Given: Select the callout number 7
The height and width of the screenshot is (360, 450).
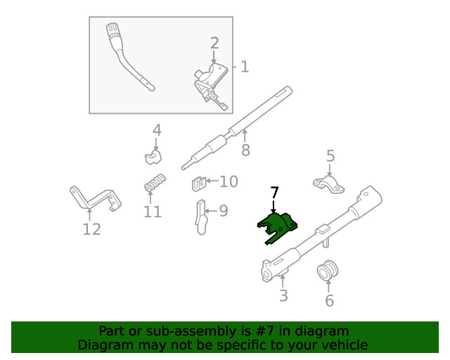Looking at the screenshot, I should click(x=274, y=193).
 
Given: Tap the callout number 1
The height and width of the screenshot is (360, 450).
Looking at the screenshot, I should click(x=245, y=67).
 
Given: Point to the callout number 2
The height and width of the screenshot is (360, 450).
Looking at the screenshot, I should click(x=214, y=44).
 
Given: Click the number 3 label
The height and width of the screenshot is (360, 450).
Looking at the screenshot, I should click(x=283, y=295).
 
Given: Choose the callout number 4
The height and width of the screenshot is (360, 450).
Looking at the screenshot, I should click(x=157, y=130).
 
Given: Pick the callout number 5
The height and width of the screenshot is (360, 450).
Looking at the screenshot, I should click(x=330, y=157).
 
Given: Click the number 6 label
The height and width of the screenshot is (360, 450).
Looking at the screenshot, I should click(x=329, y=301).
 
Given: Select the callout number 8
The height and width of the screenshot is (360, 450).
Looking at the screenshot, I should click(x=245, y=150).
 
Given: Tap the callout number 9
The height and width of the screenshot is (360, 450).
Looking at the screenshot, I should click(x=224, y=210).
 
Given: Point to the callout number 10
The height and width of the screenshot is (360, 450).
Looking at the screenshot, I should click(x=229, y=183).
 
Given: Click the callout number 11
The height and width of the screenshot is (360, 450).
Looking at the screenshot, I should click(x=153, y=212).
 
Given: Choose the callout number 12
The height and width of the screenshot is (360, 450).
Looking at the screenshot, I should click(x=91, y=229).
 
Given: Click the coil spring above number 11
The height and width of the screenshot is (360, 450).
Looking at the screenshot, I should click(x=154, y=184).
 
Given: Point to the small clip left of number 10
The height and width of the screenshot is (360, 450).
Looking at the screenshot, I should click(x=198, y=184).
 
